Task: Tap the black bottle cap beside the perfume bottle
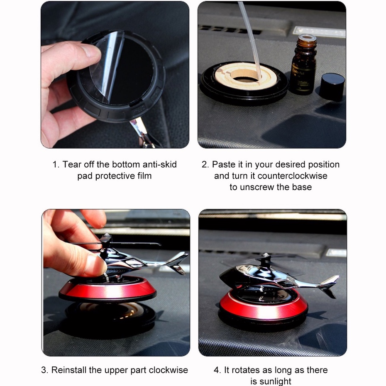coord(332,87)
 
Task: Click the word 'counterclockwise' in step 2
coord(293,176)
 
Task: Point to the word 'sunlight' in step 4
coord(275,381)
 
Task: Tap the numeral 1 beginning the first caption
coord(55,164)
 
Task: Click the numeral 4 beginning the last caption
coord(217,370)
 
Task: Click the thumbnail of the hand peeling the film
coord(115,75)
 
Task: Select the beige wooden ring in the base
coord(246,75)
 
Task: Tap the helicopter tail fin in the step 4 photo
coord(329,286)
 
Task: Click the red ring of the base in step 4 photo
coord(264,307)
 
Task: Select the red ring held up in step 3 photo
coord(107,291)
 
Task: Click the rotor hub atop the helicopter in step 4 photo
coord(266,259)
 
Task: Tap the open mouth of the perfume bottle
coord(308,38)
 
